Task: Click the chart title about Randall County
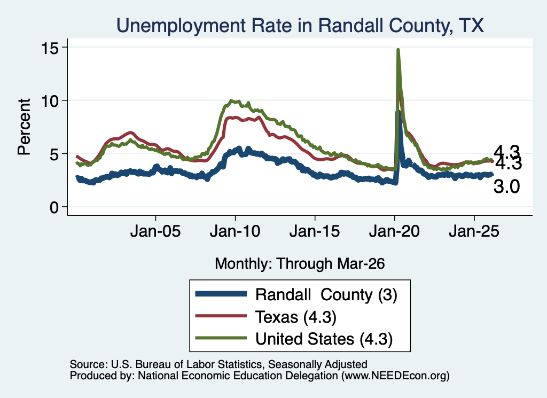pos(300,26)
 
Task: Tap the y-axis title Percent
pos(25,127)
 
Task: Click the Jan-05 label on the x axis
pos(155,231)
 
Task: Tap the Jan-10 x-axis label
pos(235,231)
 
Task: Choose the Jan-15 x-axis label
pos(315,231)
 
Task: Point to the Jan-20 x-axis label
pos(394,231)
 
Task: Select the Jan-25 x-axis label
pos(474,231)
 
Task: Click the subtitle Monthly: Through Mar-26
pos(300,264)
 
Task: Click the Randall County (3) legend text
pos(326,295)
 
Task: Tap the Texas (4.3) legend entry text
pos(296,317)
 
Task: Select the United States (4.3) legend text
pos(324,339)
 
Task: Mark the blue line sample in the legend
pos(221,294)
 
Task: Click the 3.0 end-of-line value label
pos(506,186)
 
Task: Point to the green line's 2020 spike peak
pos(398,50)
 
